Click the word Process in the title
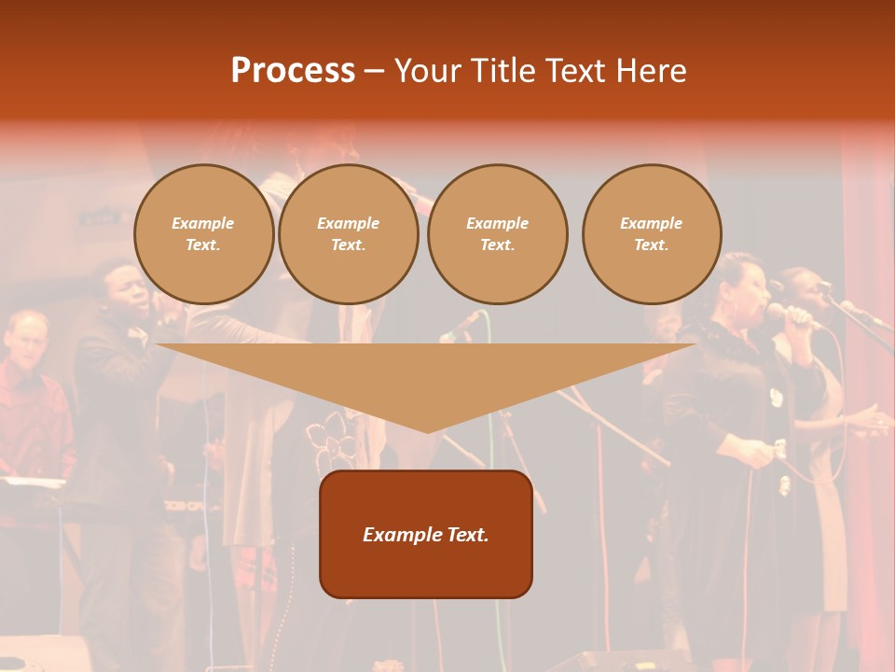(x=293, y=71)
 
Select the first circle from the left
(x=203, y=234)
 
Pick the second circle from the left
(x=349, y=234)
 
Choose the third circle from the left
(x=497, y=234)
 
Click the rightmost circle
(x=652, y=234)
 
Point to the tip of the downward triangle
(x=427, y=431)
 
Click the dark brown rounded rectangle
(x=426, y=569)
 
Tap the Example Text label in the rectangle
(x=426, y=535)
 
